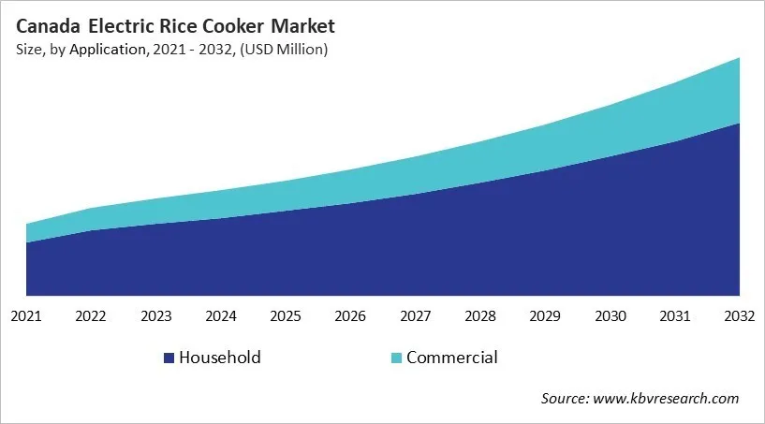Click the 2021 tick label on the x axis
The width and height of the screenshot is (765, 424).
point(26,316)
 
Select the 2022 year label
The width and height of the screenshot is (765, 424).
point(91,316)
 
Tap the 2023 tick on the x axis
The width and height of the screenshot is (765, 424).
point(155,316)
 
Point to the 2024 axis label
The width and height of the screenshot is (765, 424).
point(221,316)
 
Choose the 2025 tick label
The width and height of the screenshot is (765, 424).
point(286,316)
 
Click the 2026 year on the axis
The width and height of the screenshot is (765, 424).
point(351,316)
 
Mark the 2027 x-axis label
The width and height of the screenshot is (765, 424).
point(416,316)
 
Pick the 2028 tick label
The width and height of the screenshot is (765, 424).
point(480,316)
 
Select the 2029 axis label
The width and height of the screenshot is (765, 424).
point(546,316)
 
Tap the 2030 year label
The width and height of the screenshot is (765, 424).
point(611,316)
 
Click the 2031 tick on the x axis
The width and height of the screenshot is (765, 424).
point(675,316)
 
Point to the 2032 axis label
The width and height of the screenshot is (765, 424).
point(739,316)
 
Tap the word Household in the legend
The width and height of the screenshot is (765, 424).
point(220,358)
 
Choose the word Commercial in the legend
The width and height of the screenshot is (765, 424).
point(452,358)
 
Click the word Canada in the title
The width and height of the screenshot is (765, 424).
point(46,26)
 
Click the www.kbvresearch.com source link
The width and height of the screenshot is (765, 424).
point(666,399)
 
